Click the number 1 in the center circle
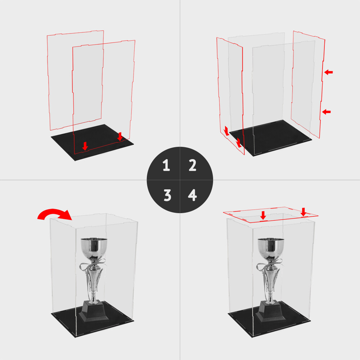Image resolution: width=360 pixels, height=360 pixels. pyautogui.click(x=166, y=166)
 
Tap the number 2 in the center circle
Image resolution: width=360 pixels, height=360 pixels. pyautogui.click(x=193, y=166)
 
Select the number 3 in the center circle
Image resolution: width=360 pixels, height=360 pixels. pyautogui.click(x=167, y=195)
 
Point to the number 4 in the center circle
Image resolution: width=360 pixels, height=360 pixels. pyautogui.click(x=193, y=195)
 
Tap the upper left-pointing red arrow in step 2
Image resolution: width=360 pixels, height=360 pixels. pyautogui.click(x=328, y=72)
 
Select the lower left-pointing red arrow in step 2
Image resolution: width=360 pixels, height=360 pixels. pyautogui.click(x=326, y=112)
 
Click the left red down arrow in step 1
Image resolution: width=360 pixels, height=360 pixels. pyautogui.click(x=85, y=146)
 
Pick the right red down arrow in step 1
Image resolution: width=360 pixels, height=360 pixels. pyautogui.click(x=120, y=136)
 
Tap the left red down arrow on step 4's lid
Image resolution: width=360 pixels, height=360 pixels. pyautogui.click(x=263, y=215)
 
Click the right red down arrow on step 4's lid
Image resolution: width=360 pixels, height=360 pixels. pyautogui.click(x=303, y=212)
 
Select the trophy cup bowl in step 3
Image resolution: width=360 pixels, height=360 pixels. pyautogui.click(x=94, y=248)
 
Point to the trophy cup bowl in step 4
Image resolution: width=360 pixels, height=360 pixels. pyautogui.click(x=271, y=248)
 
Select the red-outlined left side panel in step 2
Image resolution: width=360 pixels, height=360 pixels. pyautogui.click(x=230, y=94)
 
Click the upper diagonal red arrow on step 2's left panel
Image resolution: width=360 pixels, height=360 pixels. pyautogui.click(x=226, y=131)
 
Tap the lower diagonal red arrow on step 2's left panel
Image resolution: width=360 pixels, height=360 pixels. pyautogui.click(x=238, y=143)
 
